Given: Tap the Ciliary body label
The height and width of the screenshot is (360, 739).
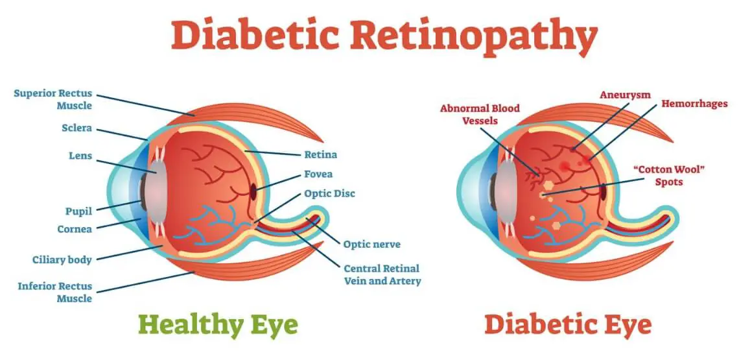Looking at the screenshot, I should pos(62,260).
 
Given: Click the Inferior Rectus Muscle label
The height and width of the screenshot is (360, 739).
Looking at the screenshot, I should pos(55,293).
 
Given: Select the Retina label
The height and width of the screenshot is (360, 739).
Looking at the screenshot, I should pos(320,155).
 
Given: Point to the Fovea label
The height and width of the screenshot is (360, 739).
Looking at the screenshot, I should pos(318,174).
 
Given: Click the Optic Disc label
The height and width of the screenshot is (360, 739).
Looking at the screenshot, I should pos(329,194).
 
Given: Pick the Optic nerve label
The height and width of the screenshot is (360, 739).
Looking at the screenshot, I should pos(371,245).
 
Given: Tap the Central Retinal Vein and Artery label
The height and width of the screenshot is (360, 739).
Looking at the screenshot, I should pos(382,275).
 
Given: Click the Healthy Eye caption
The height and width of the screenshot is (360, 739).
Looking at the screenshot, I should pos(218,324).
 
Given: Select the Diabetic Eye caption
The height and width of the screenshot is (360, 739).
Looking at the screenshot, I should pos(568,324).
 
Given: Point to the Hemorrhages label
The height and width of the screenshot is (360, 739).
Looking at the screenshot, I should pos(694,104).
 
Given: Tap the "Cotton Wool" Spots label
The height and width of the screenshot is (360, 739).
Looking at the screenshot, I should pos(668,176).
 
